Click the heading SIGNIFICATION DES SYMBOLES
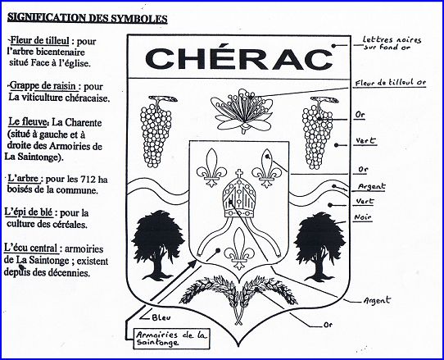pos(87,18)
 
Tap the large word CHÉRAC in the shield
pos(239,58)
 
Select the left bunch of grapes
pos(156,131)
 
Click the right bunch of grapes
pos(318,133)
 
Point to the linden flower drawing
pos(242,112)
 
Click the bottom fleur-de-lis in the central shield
pos(239,248)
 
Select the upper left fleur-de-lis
pos(211,168)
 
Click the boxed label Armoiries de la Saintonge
pos(171,339)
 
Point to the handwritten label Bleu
pos(161,317)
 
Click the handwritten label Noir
pos(363,217)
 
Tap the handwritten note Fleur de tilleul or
pos(390,83)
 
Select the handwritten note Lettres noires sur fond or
pos(392,43)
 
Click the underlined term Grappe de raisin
pos(43,86)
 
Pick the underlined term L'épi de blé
pos(29,212)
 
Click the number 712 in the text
pos(88,179)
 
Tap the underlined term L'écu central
pos(31,248)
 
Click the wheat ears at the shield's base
pos(239,298)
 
